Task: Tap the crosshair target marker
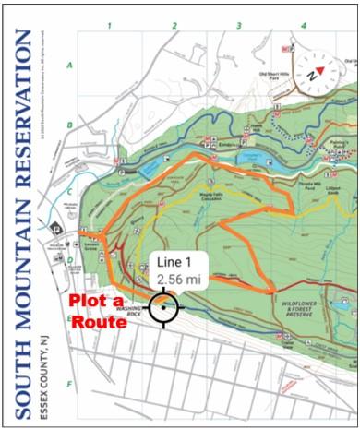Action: click(164, 308)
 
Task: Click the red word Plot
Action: click(89, 300)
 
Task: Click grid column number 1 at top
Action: click(109, 25)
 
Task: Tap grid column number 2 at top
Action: click(174, 25)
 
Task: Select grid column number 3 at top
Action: click(238, 25)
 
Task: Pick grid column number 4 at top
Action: click(303, 25)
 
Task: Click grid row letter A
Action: click(69, 65)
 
